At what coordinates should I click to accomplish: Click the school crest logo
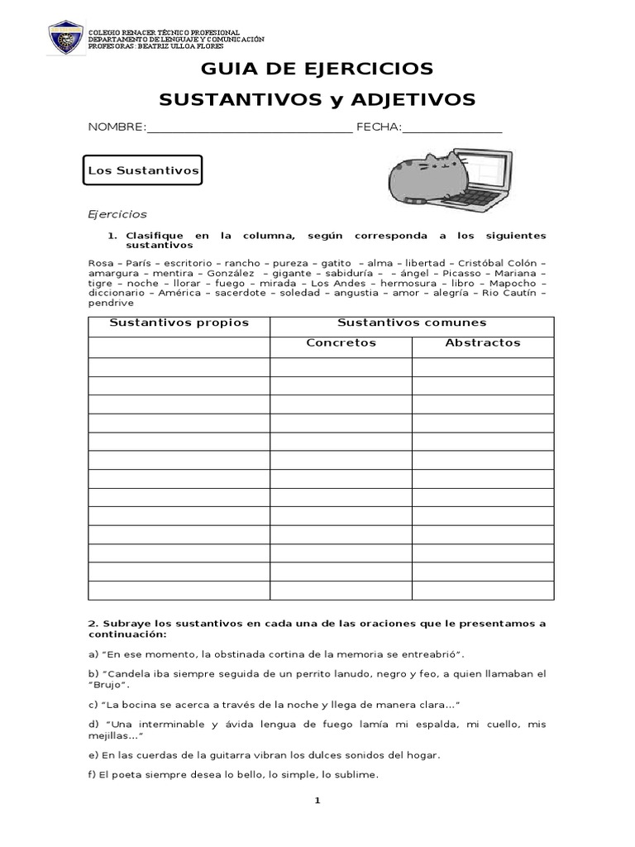tap(65, 39)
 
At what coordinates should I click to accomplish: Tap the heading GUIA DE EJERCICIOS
tap(317, 68)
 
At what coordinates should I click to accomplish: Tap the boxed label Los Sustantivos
tap(145, 171)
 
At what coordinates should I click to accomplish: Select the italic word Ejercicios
tap(117, 214)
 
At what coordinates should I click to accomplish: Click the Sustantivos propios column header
tap(179, 323)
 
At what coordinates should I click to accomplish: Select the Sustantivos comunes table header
tap(412, 323)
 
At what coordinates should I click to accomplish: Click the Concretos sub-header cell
tap(341, 342)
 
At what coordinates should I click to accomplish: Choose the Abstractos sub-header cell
tap(483, 342)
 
